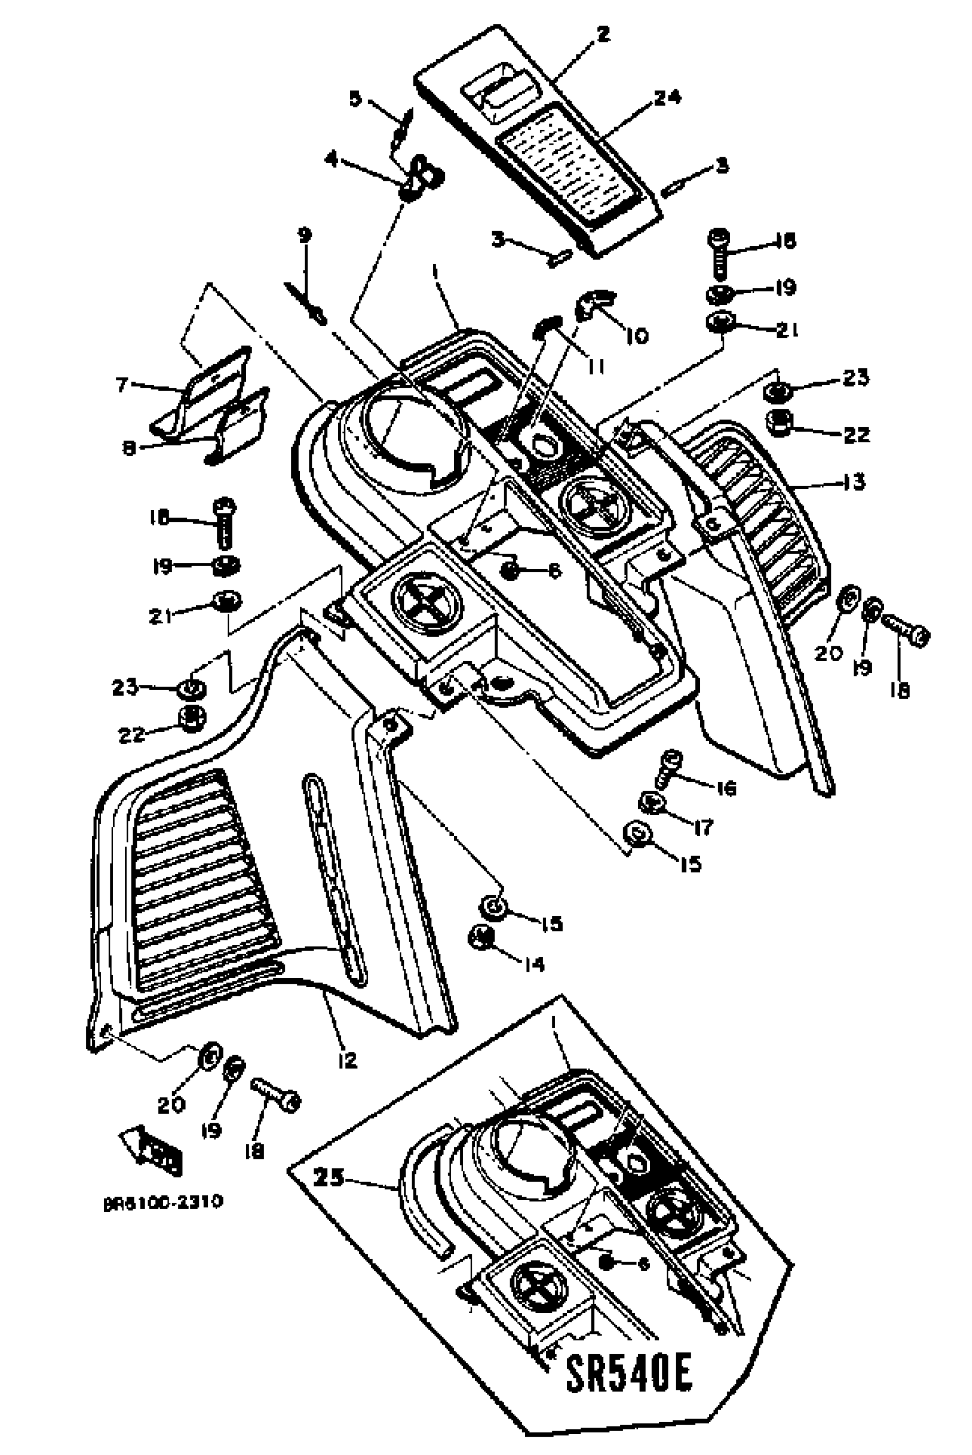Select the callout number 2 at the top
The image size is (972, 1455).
pos(603,34)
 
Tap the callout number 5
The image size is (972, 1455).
pos(355,98)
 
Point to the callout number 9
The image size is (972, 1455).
pos(304,235)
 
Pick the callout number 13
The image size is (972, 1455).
pos(854,482)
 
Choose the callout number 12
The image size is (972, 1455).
pos(348,1060)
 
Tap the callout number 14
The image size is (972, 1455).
pos(533,964)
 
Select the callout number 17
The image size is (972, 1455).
pos(702,827)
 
